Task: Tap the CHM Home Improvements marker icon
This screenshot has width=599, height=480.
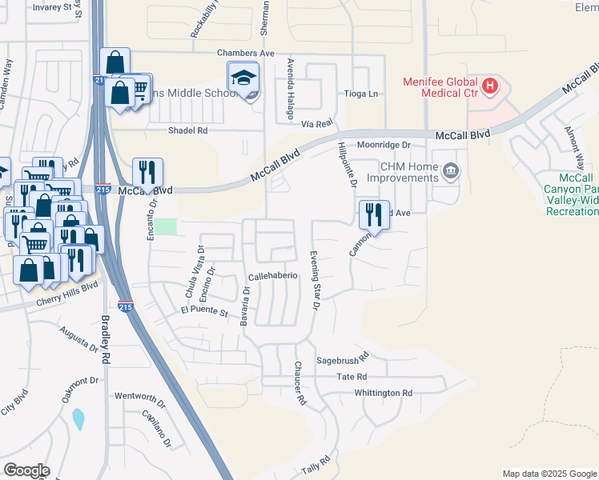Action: [451, 170]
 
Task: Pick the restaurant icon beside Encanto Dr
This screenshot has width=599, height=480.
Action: [147, 172]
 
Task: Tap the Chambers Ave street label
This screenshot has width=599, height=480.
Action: [246, 53]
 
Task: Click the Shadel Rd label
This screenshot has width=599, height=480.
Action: [187, 130]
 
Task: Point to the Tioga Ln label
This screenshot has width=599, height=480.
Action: [360, 94]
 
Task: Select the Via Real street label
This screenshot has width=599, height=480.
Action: [317, 124]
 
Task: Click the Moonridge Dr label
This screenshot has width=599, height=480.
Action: [384, 145]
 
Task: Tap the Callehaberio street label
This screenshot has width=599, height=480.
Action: [273, 275]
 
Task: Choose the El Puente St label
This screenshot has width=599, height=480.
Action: [205, 310]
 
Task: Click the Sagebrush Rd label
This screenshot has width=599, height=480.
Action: [342, 358]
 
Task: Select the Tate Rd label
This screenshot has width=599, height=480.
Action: [352, 376]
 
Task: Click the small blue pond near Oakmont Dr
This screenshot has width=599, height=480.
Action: [78, 418]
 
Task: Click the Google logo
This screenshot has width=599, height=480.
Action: [26, 470]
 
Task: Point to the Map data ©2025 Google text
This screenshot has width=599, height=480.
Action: [549, 474]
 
